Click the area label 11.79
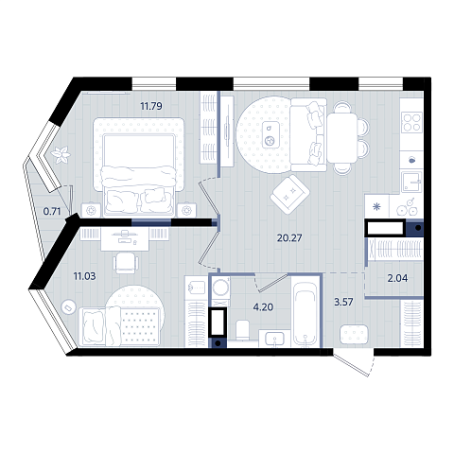(x=151, y=106)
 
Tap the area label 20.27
(x=289, y=237)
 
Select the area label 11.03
(x=84, y=276)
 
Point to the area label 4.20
(x=263, y=306)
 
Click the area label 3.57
(x=343, y=302)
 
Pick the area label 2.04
(x=397, y=278)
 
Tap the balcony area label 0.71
(x=52, y=211)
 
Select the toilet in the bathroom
(x=242, y=330)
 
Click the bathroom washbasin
(x=274, y=340)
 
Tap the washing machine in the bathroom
(x=220, y=288)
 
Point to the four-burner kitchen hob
(x=411, y=122)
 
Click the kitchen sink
(x=411, y=182)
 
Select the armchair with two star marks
(x=289, y=194)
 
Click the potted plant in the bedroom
(x=61, y=155)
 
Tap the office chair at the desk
(x=126, y=263)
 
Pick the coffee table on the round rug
(x=271, y=134)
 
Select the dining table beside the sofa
(x=342, y=137)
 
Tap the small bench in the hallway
(x=354, y=334)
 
